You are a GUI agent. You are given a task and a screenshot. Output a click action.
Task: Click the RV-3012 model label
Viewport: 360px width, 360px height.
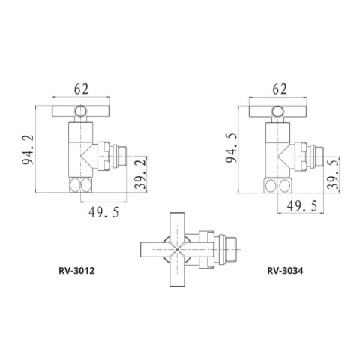(76, 271)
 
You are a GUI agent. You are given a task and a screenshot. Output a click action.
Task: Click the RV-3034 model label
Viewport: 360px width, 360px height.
(285, 271)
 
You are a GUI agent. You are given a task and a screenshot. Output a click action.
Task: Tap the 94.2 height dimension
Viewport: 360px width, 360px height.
(28, 149)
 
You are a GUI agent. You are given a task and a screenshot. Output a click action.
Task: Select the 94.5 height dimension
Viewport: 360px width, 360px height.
(231, 148)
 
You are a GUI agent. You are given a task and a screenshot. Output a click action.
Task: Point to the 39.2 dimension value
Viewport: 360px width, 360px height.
(140, 173)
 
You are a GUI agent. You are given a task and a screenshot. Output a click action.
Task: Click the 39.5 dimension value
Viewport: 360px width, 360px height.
(334, 174)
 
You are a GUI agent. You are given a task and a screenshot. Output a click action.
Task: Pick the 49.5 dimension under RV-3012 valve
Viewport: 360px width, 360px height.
(103, 213)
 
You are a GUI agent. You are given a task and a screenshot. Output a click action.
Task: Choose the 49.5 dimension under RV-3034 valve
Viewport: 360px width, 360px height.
(302, 206)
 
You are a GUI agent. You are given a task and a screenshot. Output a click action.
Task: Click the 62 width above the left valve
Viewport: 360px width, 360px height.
(81, 88)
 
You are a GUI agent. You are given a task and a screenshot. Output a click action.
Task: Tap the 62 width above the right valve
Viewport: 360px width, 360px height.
(280, 89)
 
